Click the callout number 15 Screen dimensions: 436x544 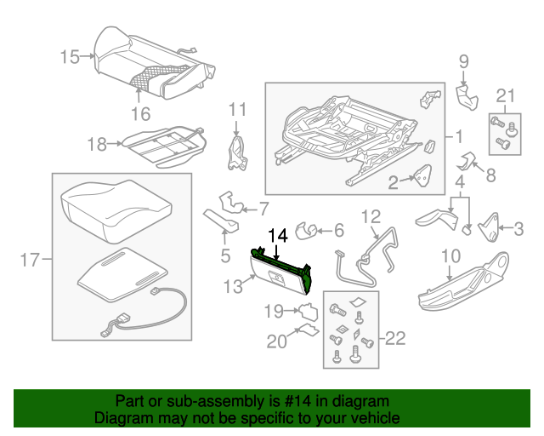click(69, 57)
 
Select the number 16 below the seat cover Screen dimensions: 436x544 click(140, 113)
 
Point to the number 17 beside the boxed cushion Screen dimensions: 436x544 click(29, 261)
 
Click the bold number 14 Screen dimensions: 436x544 click(278, 236)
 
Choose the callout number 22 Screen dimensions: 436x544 click(395, 339)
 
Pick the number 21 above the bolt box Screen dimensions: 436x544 click(506, 95)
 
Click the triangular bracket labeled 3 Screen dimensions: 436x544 click(489, 227)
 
